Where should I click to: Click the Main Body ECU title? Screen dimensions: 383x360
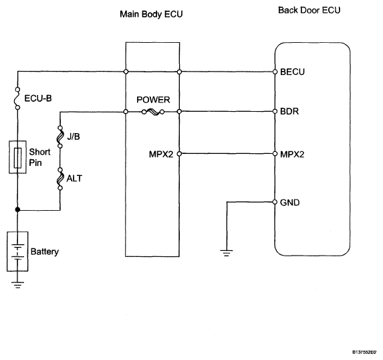click(x=151, y=14)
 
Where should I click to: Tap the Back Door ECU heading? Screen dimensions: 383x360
click(x=309, y=10)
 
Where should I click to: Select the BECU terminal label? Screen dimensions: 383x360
click(x=292, y=72)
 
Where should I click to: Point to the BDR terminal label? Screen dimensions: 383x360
click(x=289, y=111)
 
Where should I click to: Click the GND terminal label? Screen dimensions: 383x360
click(x=289, y=203)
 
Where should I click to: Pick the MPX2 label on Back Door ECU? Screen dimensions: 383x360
click(x=292, y=155)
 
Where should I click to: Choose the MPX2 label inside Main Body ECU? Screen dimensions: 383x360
click(x=161, y=155)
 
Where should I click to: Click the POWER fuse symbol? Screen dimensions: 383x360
click(x=153, y=112)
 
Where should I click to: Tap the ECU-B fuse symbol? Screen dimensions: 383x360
click(x=17, y=98)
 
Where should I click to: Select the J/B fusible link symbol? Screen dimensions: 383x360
click(x=60, y=137)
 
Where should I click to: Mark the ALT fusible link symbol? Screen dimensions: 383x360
click(x=60, y=179)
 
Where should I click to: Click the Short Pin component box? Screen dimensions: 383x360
click(x=17, y=157)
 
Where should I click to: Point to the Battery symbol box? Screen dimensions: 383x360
click(x=17, y=252)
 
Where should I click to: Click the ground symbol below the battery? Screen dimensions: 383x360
click(x=17, y=285)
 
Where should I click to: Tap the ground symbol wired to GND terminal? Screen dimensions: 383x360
click(x=227, y=253)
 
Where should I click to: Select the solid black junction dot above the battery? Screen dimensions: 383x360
click(x=17, y=209)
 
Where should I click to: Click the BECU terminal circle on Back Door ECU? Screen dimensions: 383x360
click(x=275, y=72)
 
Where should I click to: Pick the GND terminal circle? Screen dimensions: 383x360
click(x=275, y=202)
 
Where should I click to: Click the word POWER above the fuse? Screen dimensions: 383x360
click(x=153, y=100)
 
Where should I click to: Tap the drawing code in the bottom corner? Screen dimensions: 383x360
click(x=364, y=352)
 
